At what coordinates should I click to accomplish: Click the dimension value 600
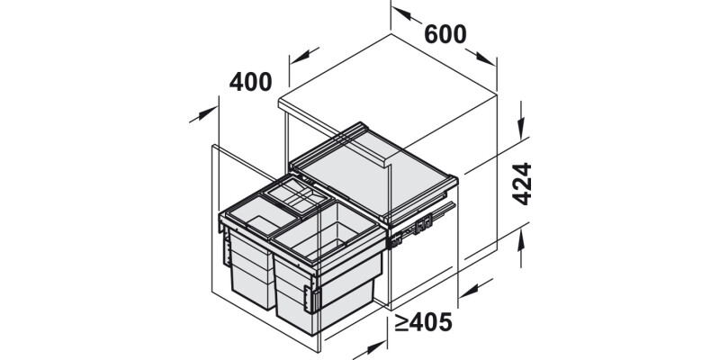click(445, 34)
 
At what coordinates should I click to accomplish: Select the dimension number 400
click(251, 82)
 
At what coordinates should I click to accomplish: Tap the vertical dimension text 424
click(522, 184)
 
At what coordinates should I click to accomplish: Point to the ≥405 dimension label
click(423, 322)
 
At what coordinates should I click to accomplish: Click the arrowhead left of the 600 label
click(402, 13)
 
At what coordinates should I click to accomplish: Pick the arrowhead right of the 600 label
click(486, 58)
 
